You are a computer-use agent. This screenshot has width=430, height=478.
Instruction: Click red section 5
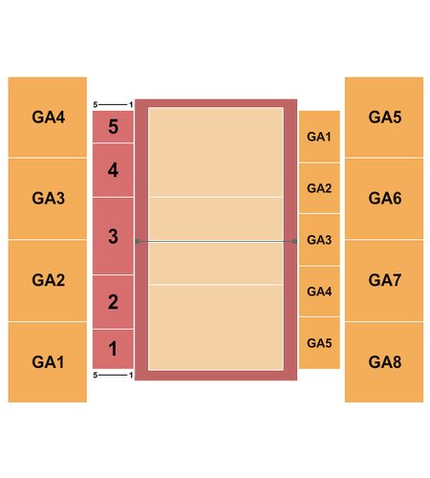click(113, 126)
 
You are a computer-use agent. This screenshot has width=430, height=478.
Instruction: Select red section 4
click(113, 170)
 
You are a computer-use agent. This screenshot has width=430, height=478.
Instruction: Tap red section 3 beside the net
click(113, 236)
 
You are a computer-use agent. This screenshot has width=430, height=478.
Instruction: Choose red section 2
click(113, 301)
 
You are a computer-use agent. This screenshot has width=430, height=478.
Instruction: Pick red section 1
click(113, 349)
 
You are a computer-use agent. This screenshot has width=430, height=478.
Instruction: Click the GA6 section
click(384, 198)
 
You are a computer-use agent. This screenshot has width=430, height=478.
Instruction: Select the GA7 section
click(384, 280)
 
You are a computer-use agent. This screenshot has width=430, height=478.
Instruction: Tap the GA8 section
click(384, 362)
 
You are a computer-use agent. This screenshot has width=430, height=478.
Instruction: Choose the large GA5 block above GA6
click(384, 117)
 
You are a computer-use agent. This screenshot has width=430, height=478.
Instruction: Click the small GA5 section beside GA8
click(319, 343)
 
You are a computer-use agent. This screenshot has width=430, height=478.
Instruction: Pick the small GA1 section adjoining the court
click(319, 137)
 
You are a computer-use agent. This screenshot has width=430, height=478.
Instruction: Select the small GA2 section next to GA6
click(319, 188)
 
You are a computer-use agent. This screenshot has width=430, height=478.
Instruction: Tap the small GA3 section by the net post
click(319, 240)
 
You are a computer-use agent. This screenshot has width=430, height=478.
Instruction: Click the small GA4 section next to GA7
click(319, 292)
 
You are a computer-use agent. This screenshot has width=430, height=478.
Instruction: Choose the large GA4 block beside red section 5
click(48, 117)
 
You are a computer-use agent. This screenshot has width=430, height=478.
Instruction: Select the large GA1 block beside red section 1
click(48, 362)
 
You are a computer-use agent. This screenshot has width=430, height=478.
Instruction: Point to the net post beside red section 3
click(138, 241)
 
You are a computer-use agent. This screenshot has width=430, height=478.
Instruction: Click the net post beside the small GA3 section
click(294, 241)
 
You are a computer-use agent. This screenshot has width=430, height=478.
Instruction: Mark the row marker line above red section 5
click(113, 104)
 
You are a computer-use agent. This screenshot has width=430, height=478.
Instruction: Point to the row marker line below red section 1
click(113, 375)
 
